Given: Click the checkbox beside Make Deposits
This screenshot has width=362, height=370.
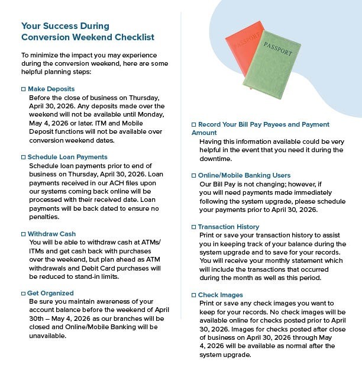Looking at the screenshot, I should [x=23, y=89].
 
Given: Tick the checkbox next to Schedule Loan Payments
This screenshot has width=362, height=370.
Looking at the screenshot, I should [x=23, y=157].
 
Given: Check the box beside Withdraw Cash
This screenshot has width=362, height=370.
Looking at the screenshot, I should [x=23, y=234].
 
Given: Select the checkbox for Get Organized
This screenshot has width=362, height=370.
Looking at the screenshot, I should [x=23, y=293].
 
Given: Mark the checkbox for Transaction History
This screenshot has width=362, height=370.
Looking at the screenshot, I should [x=193, y=227].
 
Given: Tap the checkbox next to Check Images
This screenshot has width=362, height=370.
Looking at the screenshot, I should [x=193, y=295].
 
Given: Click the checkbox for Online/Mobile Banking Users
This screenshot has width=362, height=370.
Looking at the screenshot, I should [x=193, y=176].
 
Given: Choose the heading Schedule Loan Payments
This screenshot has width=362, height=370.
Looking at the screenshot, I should [x=67, y=157].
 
